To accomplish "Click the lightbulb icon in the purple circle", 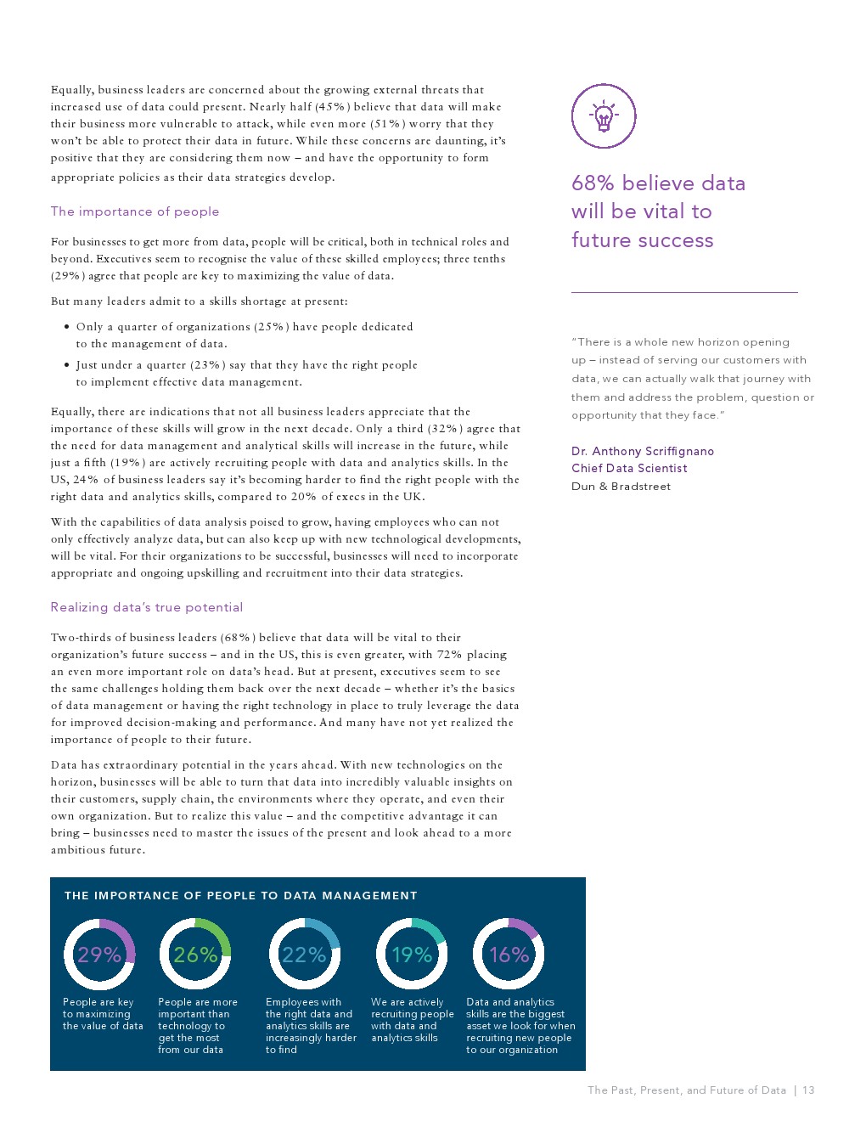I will coord(604,116).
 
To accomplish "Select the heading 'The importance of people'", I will coord(135,211).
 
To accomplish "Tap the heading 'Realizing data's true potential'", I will coord(147,607).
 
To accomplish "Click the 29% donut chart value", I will coord(99,955).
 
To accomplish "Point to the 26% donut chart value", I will coord(195,955).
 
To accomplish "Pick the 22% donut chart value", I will coord(304,955).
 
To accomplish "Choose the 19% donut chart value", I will coord(412,955).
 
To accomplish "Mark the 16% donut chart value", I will coord(509,955).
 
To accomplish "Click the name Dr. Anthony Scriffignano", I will coord(643,451).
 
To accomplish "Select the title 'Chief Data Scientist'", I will coord(629,468).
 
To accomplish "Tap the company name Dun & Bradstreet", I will coord(621,487).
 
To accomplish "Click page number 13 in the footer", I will coord(808,1090).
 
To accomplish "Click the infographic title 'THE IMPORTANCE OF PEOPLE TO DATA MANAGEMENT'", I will coord(241,895).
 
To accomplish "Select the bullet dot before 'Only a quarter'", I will coord(67,327).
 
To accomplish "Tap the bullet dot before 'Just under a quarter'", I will coord(67,365).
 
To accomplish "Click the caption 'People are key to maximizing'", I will coord(103,1014).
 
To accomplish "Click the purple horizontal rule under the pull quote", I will coord(684,292).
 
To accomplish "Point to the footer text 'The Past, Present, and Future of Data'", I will coord(687,1090).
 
